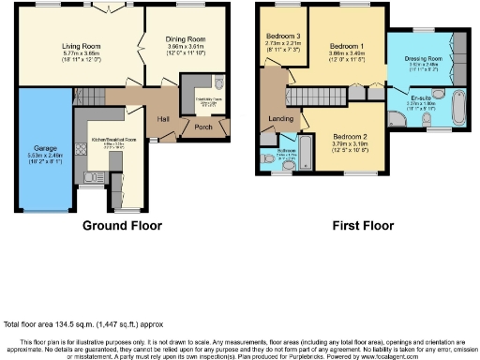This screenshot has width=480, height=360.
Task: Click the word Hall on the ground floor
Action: [x=163, y=118]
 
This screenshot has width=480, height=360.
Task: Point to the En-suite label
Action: [x=422, y=97]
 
